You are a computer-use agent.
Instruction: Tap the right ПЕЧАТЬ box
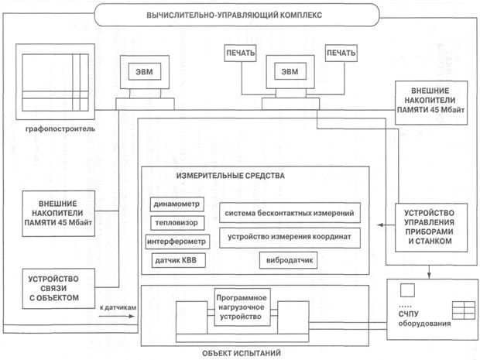point(341,53)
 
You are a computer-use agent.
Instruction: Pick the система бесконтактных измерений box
point(289,213)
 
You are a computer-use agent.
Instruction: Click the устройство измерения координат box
point(289,235)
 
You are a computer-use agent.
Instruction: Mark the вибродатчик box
point(290,260)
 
